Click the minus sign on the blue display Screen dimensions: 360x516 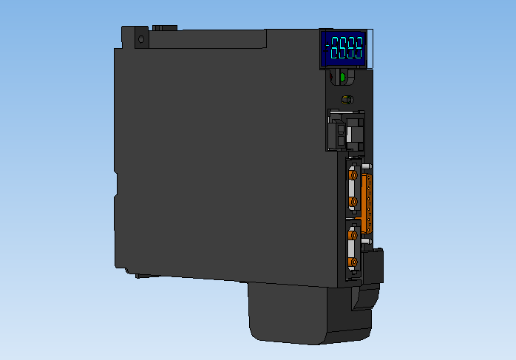click(x=327, y=50)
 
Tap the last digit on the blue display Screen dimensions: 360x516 click(x=359, y=50)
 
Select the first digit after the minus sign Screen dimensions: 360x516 click(x=336, y=50)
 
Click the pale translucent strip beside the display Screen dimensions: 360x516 click(x=371, y=50)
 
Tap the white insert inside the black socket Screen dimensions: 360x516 click(x=339, y=135)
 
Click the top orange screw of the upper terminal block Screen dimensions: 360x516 click(x=353, y=177)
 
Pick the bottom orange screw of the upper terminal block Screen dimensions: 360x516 click(x=353, y=201)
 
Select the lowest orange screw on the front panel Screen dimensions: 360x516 click(x=353, y=262)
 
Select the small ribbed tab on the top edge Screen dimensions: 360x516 click(x=165, y=28)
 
